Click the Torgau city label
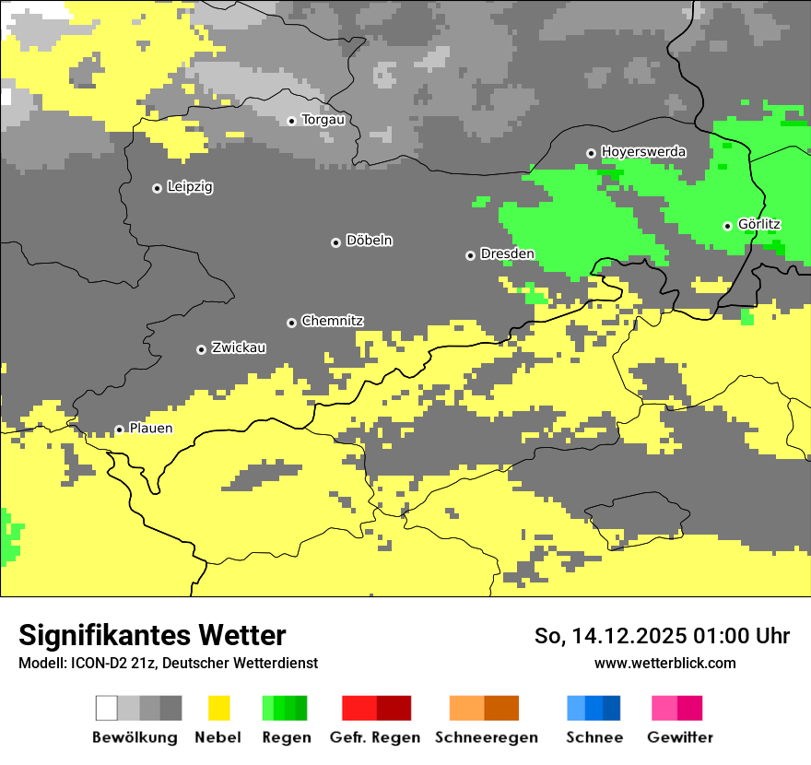tap(323, 120)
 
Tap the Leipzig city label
tap(190, 187)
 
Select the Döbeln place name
tap(369, 241)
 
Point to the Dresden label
tap(507, 254)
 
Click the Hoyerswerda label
tap(643, 152)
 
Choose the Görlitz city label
tap(759, 225)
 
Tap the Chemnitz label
tap(332, 322)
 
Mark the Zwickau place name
tap(239, 348)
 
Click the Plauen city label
tap(151, 429)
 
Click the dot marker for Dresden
tap(470, 255)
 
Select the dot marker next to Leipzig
tap(157, 188)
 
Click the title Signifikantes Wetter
tap(152, 636)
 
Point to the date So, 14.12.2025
tap(610, 636)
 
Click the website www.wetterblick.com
tap(664, 664)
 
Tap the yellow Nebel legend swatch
tap(218, 708)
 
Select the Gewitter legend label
tap(679, 737)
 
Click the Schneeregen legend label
tap(486, 737)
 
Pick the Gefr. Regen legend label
tap(375, 737)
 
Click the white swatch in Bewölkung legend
tap(107, 708)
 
